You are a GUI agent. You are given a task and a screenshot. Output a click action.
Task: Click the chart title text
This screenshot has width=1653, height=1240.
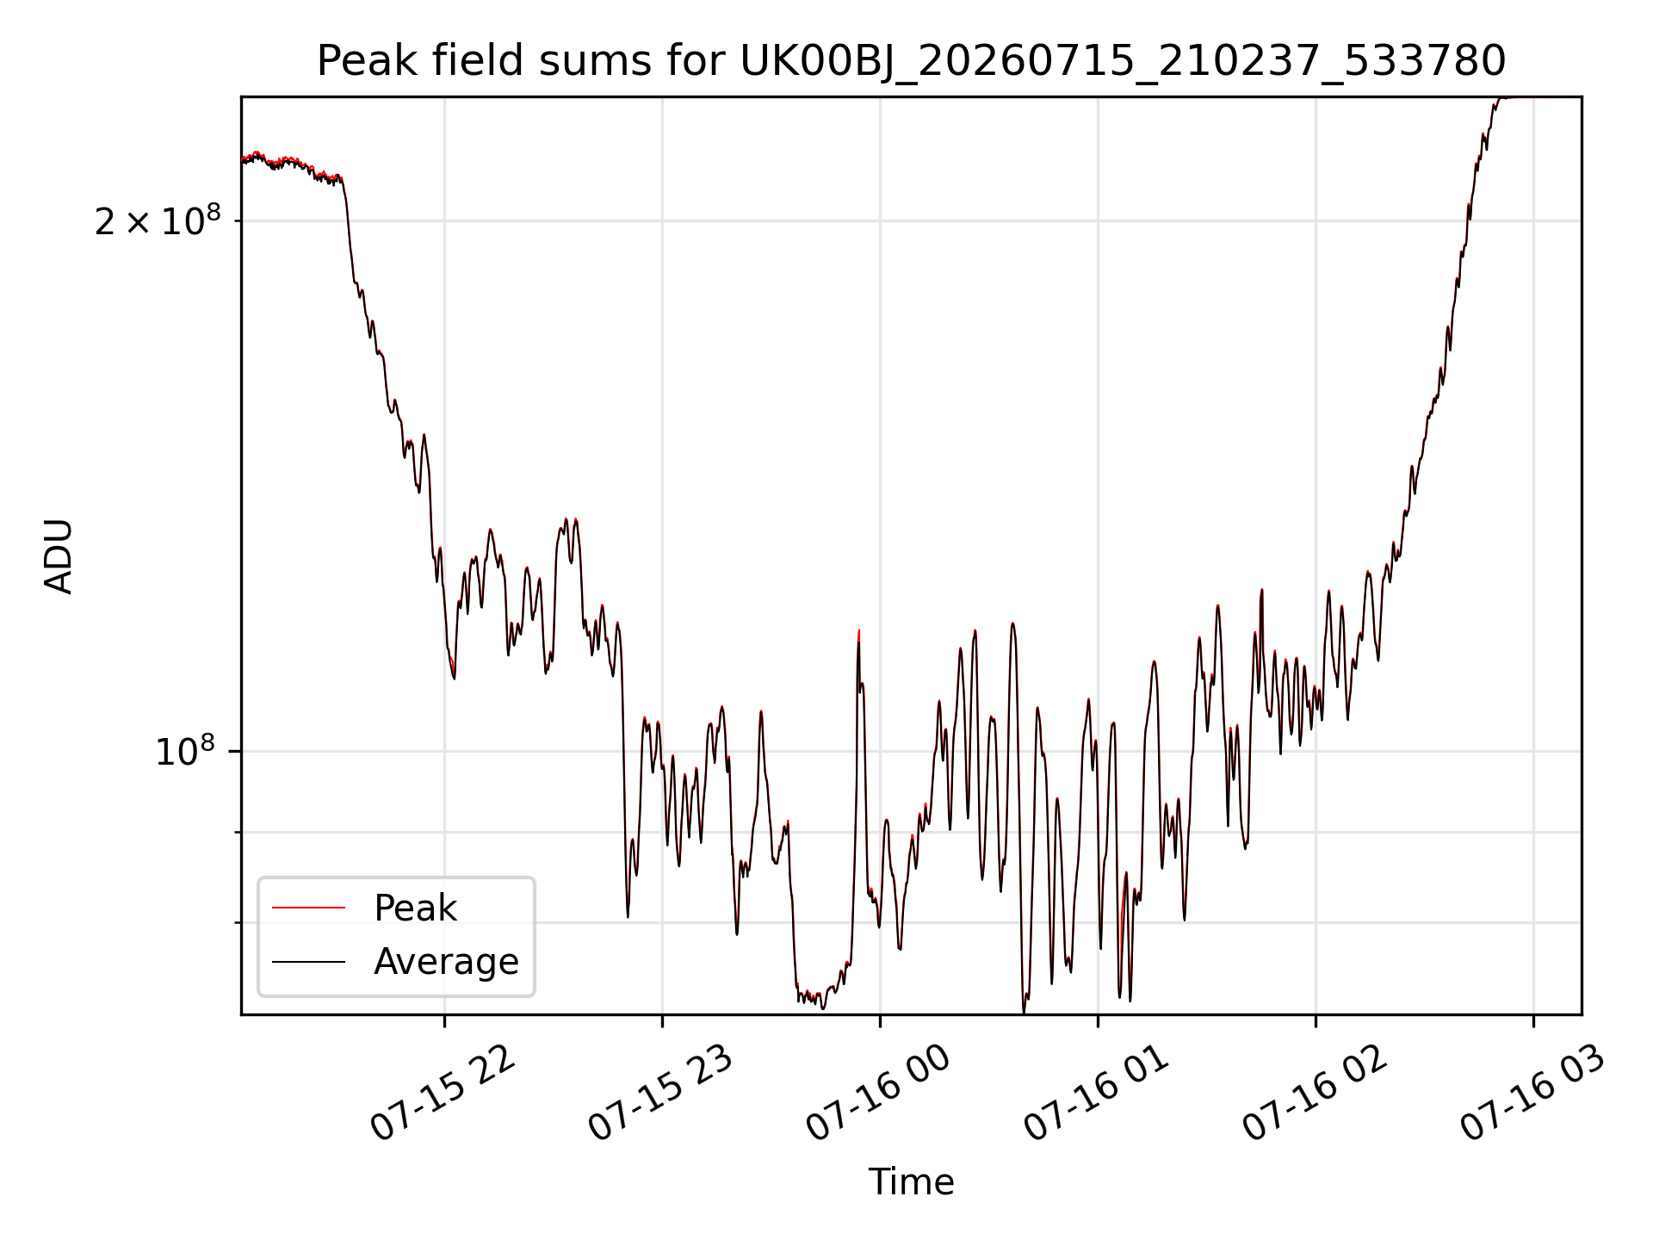coord(911,61)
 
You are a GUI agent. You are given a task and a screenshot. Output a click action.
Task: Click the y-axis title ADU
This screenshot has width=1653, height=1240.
coord(59,556)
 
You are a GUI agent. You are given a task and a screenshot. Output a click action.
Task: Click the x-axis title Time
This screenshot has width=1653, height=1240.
coord(911,1182)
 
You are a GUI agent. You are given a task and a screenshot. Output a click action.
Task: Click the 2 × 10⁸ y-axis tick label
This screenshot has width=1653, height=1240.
coord(158,221)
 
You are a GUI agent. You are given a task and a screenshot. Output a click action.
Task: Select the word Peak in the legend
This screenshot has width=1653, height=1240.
coord(415,908)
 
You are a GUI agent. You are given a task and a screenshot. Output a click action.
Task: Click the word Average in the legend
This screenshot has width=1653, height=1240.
coord(446,962)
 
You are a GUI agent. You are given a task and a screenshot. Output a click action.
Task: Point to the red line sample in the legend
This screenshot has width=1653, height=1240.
coord(308,908)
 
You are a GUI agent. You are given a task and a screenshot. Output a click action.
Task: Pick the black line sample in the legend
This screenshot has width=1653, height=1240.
coord(308,961)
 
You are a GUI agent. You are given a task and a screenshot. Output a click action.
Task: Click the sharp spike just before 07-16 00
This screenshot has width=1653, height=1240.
coord(859,633)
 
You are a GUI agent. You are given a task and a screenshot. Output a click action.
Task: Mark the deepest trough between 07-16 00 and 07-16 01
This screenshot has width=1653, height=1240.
coord(1024,1011)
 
